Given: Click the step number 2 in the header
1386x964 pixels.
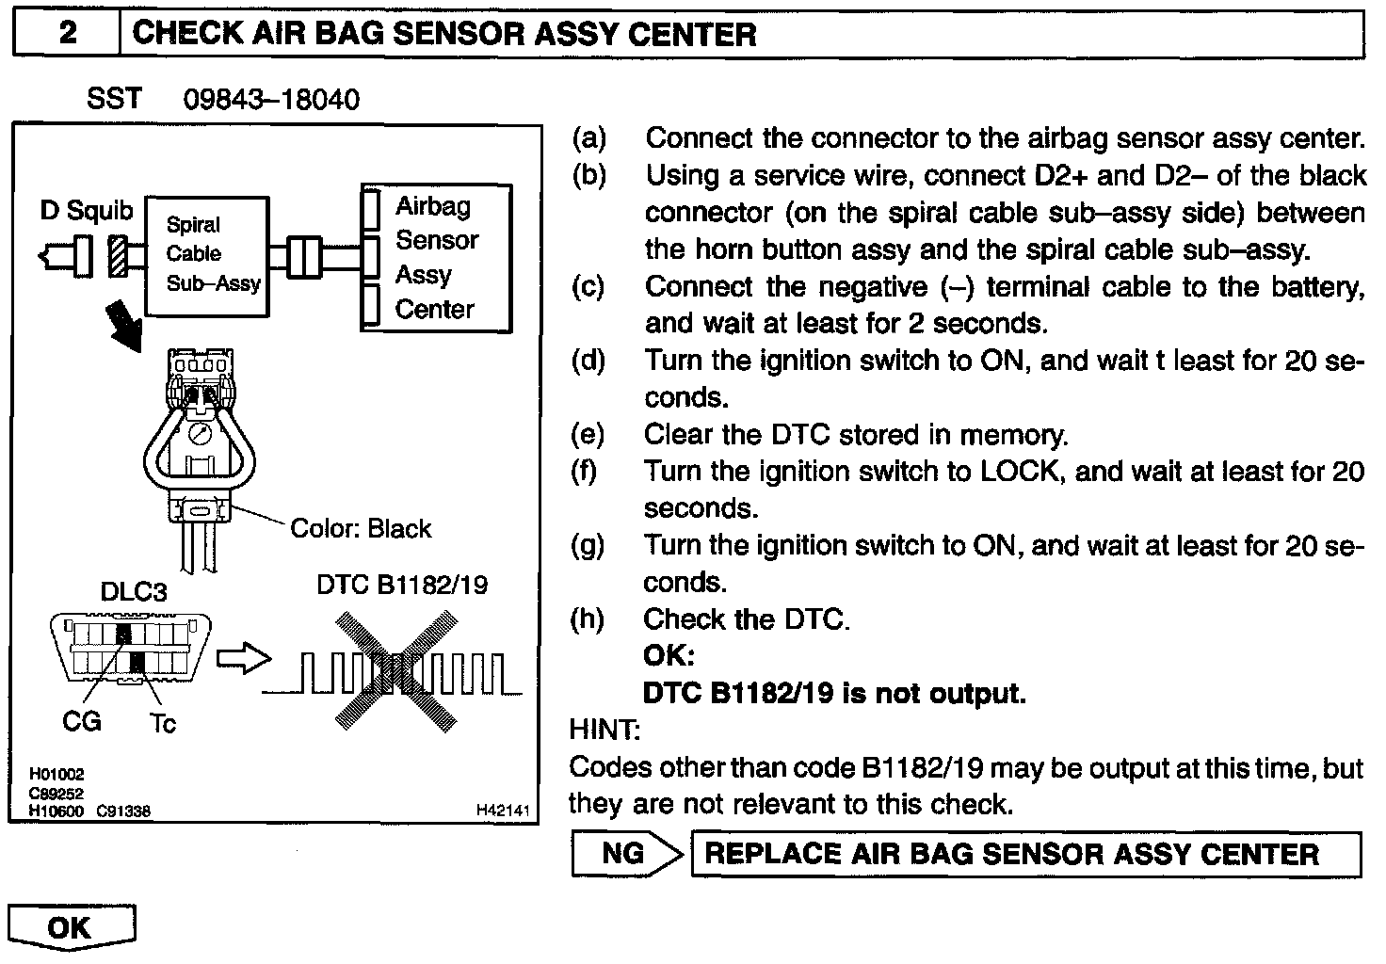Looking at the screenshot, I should pyautogui.click(x=67, y=35).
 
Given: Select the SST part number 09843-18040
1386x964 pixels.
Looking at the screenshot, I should pyautogui.click(x=271, y=100).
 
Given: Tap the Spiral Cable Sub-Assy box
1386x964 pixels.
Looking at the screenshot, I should pyautogui.click(x=206, y=255).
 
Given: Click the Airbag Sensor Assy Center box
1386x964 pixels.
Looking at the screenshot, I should pyautogui.click(x=436, y=258).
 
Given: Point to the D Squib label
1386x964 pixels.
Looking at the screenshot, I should pyautogui.click(x=87, y=211).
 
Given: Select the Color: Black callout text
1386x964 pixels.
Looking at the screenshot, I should pyautogui.click(x=361, y=528).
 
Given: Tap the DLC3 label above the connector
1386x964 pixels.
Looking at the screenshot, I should pyautogui.click(x=134, y=591).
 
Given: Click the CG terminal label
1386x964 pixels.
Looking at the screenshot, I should pyautogui.click(x=81, y=722).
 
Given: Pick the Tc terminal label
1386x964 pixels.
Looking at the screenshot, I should pyautogui.click(x=162, y=723).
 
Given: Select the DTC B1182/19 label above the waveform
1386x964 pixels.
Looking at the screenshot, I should pyautogui.click(x=402, y=585).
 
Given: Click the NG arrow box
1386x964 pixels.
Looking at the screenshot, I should pyautogui.click(x=625, y=854).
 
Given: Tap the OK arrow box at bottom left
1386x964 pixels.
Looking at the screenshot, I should pyautogui.click(x=72, y=926).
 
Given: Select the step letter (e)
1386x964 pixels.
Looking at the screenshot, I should pyautogui.click(x=588, y=434).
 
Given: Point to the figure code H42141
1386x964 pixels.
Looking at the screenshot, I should pyautogui.click(x=504, y=811).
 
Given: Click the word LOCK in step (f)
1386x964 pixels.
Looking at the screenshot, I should pyautogui.click(x=1021, y=471).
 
